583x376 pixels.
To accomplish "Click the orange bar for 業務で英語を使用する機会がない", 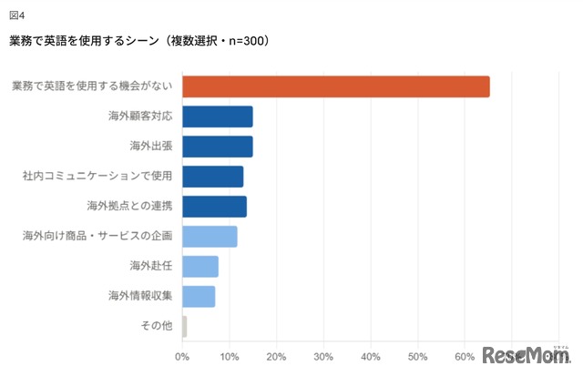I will click(x=336, y=86).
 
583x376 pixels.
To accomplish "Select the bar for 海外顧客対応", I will click(x=218, y=117).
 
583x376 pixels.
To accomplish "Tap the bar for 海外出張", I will click(x=218, y=147).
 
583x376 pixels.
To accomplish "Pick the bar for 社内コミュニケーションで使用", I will click(x=213, y=177).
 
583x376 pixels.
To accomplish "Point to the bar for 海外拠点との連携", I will click(x=215, y=207).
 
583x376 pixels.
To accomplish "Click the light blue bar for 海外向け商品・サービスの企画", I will click(x=210, y=237).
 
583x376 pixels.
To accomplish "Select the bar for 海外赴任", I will click(x=200, y=267).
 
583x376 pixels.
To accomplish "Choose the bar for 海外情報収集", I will click(x=199, y=297).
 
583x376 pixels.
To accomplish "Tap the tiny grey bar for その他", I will click(x=185, y=327).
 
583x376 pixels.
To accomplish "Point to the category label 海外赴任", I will click(x=152, y=267).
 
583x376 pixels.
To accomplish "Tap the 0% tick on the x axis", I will click(x=183, y=355).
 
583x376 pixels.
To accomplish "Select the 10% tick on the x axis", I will click(x=230, y=355).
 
